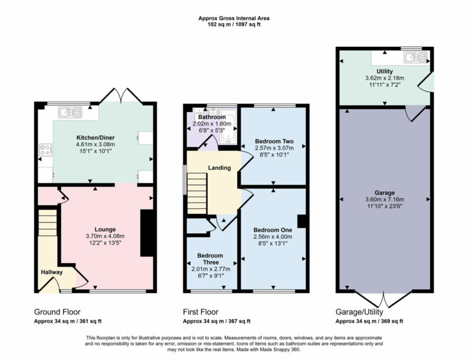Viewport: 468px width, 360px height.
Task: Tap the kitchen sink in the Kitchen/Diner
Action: pyautogui.click(x=71, y=112)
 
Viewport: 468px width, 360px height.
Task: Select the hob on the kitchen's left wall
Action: pyautogui.click(x=45, y=150)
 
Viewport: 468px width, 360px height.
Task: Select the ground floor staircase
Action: pyautogui.click(x=48, y=224)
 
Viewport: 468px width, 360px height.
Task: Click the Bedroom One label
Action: pyautogui.click(x=272, y=230)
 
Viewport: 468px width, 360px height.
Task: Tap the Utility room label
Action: pyautogui.click(x=385, y=71)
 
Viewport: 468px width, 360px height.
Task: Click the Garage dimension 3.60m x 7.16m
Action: pyautogui.click(x=385, y=199)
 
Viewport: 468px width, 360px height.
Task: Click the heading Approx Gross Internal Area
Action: pyautogui.click(x=234, y=18)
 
